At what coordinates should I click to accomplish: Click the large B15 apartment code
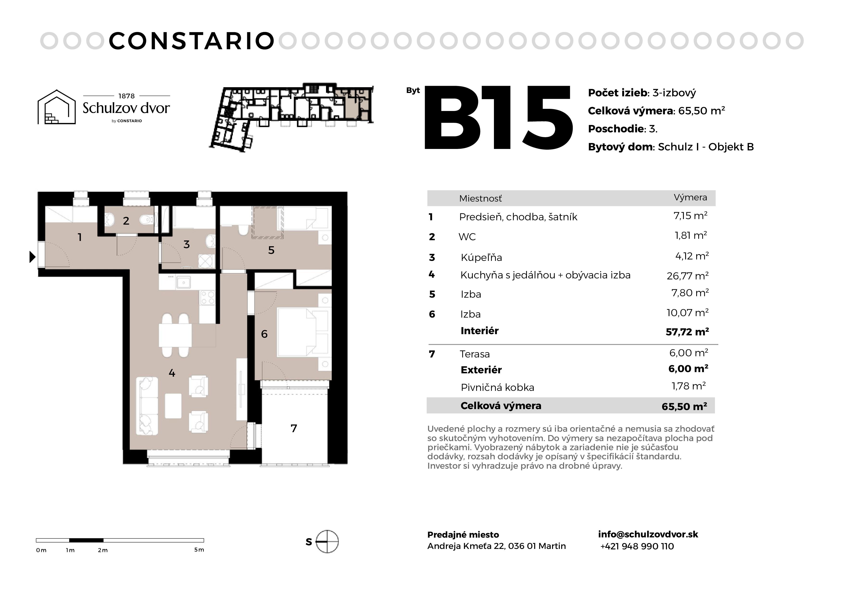point(498,118)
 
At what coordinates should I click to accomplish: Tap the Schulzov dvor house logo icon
point(56,107)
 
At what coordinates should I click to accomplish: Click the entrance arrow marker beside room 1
point(32,257)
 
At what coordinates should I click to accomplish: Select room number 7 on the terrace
point(294,428)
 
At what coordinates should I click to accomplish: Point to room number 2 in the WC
point(126,221)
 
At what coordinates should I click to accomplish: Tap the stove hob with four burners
point(207,297)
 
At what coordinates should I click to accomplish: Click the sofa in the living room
point(147,406)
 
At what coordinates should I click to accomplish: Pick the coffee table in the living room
point(173,406)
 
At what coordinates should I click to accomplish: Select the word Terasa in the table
point(475,354)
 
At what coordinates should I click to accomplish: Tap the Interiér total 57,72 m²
point(687,332)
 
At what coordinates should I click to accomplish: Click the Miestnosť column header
point(480,199)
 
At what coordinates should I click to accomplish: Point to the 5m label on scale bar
point(199,550)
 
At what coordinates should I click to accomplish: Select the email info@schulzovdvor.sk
point(648,534)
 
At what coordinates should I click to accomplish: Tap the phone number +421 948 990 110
point(637,547)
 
